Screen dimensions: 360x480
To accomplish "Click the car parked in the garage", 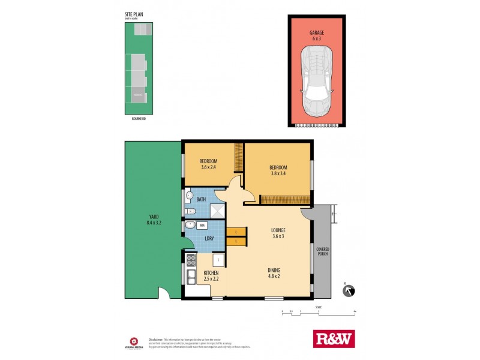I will tap(317, 82).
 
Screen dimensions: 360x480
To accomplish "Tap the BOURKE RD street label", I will tap(139, 118).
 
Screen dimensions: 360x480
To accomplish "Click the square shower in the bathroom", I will tap(217, 210).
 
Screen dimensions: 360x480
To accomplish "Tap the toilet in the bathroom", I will tap(190, 211).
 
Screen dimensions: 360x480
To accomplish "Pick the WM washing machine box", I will tap(202, 225).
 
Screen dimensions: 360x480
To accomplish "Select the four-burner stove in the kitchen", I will tap(191, 260).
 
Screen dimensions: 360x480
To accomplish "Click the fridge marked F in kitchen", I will tap(218, 260).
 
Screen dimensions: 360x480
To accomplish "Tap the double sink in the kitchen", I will tap(190, 277).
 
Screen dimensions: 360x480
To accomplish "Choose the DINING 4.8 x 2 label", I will tap(274, 274).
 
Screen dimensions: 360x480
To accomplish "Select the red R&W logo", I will tap(334, 338).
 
